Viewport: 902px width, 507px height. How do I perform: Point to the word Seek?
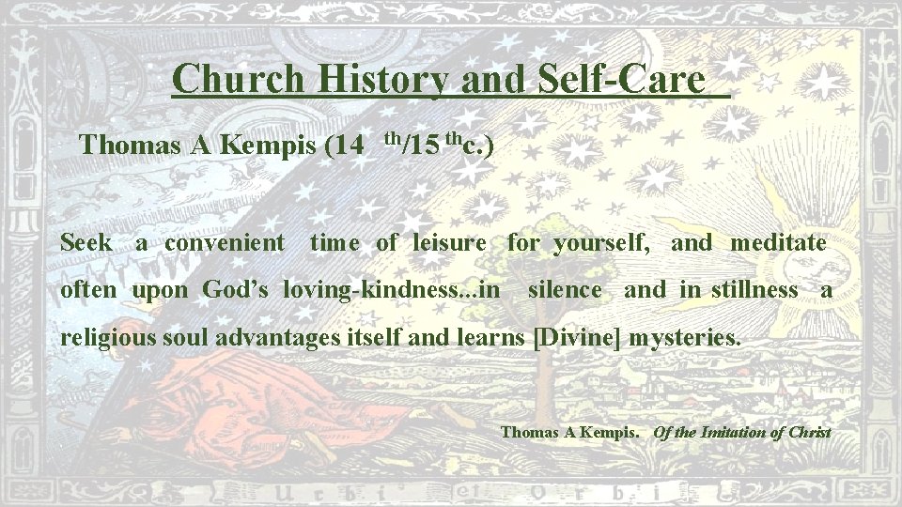pyautogui.click(x=86, y=243)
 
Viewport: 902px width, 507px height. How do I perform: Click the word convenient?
pyautogui.click(x=224, y=243)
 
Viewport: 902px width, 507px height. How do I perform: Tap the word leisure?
pyautogui.click(x=449, y=243)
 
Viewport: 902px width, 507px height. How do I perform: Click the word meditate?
pyautogui.click(x=778, y=243)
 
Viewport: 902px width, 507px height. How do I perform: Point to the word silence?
pyautogui.click(x=565, y=290)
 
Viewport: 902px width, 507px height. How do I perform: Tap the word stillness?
pyautogui.click(x=754, y=290)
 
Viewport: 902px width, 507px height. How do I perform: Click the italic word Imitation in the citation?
pyautogui.click(x=734, y=433)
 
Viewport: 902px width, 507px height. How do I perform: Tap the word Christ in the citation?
pyautogui.click(x=811, y=433)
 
